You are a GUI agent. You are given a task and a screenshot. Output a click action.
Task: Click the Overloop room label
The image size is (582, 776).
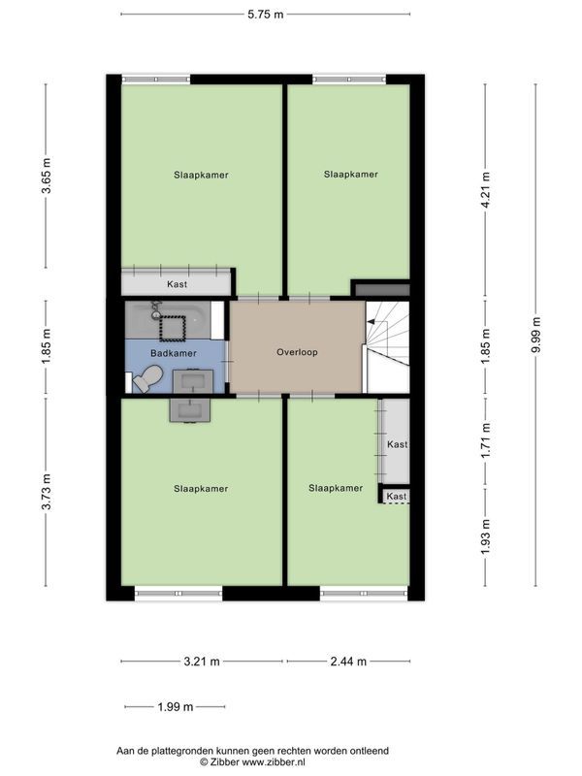(297, 352)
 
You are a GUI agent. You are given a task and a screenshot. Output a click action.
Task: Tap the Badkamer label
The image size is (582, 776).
(174, 353)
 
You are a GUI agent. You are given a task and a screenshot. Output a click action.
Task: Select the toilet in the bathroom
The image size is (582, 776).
(148, 378)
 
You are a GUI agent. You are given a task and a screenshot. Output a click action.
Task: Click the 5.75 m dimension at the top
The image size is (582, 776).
(266, 15)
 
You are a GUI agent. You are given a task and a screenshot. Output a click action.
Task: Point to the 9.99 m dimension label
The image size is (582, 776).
(535, 335)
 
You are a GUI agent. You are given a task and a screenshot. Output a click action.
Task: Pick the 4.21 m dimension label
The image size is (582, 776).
(486, 190)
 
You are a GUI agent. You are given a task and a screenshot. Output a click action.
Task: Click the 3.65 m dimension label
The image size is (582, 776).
(46, 176)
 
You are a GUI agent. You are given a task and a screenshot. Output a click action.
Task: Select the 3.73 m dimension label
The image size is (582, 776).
(46, 492)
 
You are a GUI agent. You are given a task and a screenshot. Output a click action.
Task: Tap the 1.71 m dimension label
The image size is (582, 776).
(486, 439)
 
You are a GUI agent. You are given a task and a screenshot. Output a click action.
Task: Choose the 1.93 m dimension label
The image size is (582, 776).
(486, 537)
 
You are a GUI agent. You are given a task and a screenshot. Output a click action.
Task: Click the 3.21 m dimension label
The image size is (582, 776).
(202, 662)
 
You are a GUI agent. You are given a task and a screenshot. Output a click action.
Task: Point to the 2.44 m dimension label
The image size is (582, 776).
(348, 662)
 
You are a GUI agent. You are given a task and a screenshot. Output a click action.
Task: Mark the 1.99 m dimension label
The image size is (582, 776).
(176, 707)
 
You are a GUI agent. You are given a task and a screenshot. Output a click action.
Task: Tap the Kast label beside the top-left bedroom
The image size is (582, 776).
(177, 284)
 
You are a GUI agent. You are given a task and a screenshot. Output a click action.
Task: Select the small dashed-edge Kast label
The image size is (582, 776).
(397, 496)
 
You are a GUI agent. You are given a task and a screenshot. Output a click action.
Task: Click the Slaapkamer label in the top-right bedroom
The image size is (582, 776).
(351, 175)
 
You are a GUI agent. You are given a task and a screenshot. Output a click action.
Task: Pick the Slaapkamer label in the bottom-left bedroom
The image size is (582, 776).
(201, 489)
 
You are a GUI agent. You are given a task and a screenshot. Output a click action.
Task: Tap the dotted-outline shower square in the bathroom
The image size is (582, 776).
(173, 328)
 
